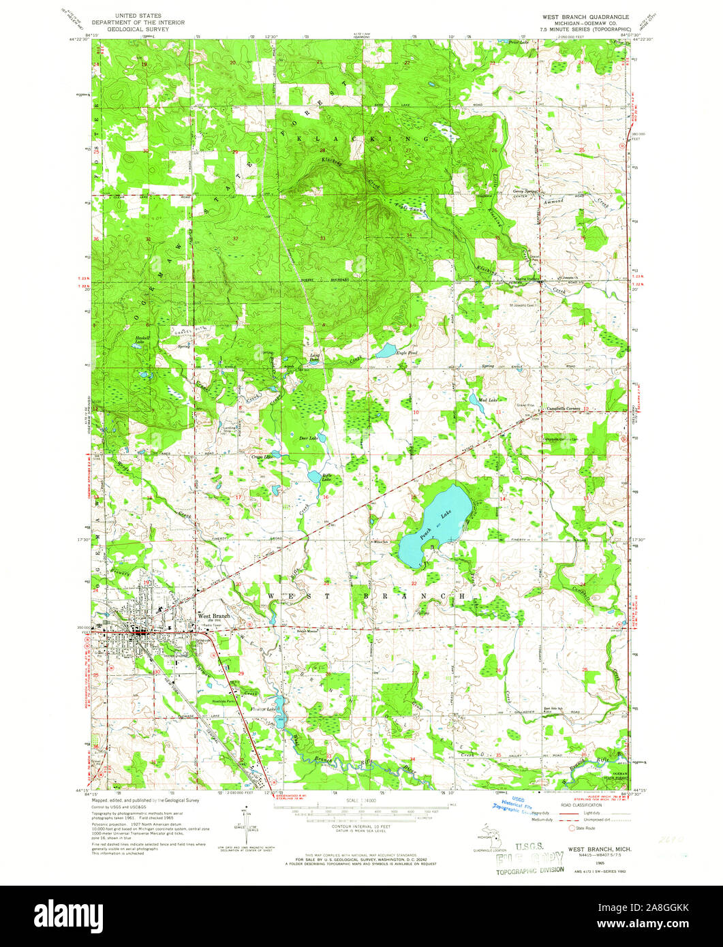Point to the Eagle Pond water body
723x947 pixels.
tap(386, 352)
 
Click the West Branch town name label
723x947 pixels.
tap(215, 615)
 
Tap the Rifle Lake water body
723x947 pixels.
tap(314, 477)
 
